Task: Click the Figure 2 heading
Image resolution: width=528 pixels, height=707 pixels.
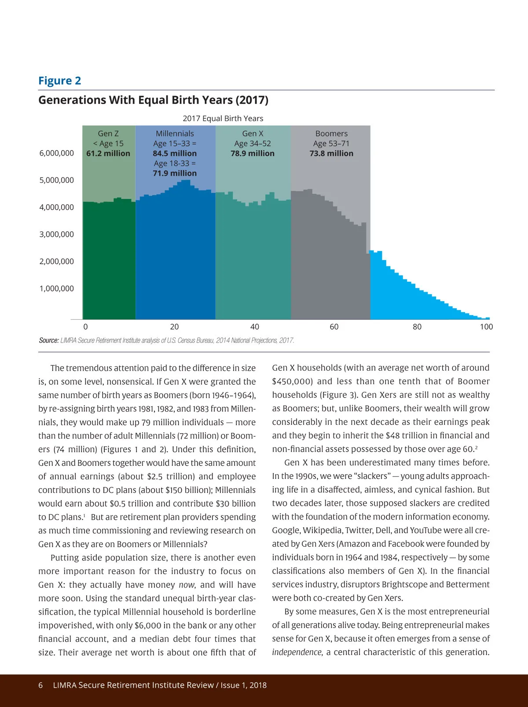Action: pyautogui.click(x=59, y=81)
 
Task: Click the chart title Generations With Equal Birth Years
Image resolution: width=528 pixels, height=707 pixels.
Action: pyautogui.click(x=153, y=100)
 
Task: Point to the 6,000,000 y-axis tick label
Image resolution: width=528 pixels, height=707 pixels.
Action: pyautogui.click(x=57, y=153)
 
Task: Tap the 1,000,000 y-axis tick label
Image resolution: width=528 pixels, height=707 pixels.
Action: pyautogui.click(x=57, y=289)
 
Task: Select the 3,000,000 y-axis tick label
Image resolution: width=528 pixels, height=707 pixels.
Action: pyautogui.click(x=57, y=235)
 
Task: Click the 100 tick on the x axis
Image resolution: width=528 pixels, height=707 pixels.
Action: pyautogui.click(x=486, y=327)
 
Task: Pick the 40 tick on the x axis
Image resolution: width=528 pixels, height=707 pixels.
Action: pyautogui.click(x=254, y=327)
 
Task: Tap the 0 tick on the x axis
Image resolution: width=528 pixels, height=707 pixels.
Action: pyautogui.click(x=85, y=327)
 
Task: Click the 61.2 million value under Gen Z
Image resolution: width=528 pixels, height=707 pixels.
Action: pyautogui.click(x=108, y=154)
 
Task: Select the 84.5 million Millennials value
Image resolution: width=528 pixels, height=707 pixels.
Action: pyautogui.click(x=175, y=154)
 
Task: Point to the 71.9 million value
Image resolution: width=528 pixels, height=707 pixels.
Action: pyautogui.click(x=175, y=173)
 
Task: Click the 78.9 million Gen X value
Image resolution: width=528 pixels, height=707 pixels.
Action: pyautogui.click(x=253, y=154)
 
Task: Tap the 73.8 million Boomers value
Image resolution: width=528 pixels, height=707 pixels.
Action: pyautogui.click(x=331, y=154)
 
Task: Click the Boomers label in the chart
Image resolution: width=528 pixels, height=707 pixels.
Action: pyautogui.click(x=331, y=133)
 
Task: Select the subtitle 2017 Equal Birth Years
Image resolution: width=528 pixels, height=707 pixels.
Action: pyautogui.click(x=223, y=118)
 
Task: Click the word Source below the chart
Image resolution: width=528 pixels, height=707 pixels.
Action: pyautogui.click(x=48, y=340)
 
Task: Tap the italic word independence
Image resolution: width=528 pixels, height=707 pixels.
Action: pyautogui.click(x=297, y=652)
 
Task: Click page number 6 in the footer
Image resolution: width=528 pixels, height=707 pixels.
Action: pyautogui.click(x=41, y=685)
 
